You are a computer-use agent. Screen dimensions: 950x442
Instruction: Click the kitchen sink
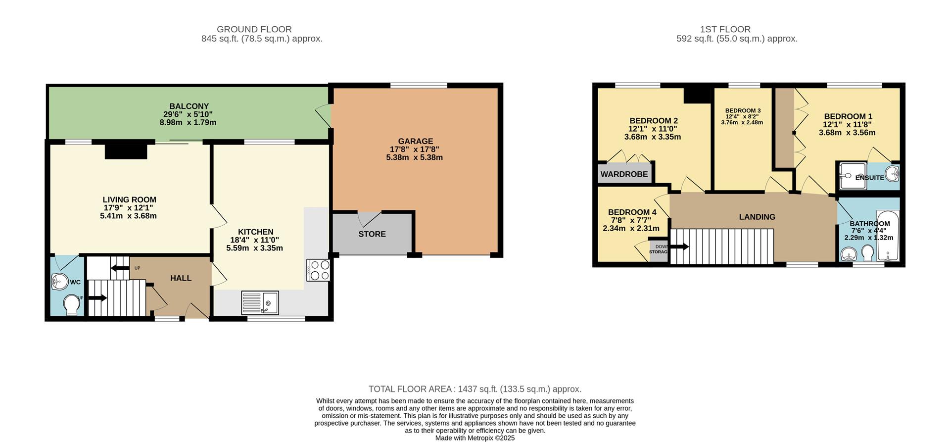click(x=260, y=303)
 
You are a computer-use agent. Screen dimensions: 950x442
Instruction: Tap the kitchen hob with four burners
click(x=318, y=270)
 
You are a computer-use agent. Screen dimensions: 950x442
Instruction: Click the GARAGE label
click(x=415, y=142)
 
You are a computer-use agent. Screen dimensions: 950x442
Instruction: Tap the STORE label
click(x=372, y=234)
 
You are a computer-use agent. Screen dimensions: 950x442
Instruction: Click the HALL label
click(x=181, y=278)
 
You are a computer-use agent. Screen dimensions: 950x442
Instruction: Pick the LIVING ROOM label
click(x=129, y=200)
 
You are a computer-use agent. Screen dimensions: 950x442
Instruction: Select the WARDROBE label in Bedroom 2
click(x=624, y=174)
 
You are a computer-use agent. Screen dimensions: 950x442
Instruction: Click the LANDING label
click(x=757, y=217)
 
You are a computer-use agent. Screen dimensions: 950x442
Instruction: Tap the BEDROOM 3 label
click(x=743, y=111)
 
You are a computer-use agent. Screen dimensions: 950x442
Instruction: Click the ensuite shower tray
click(x=852, y=175)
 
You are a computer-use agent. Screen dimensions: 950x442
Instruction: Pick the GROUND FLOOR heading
click(x=254, y=30)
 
